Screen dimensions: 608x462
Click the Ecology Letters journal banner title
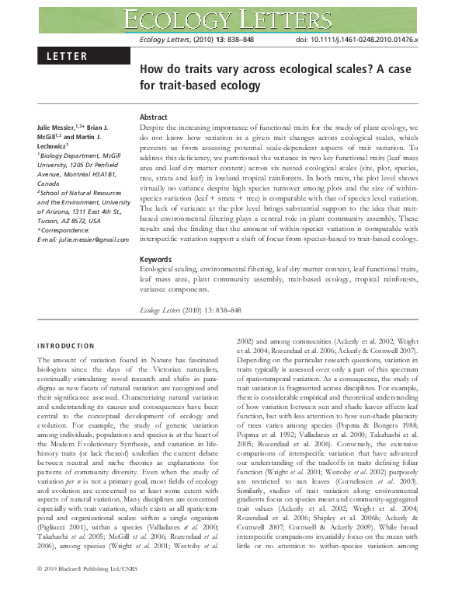[231, 16]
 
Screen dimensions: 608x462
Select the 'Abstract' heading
[153, 117]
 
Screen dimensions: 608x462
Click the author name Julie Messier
[58, 126]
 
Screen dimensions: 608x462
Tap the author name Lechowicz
[52, 145]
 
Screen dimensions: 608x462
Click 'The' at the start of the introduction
[44, 362]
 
